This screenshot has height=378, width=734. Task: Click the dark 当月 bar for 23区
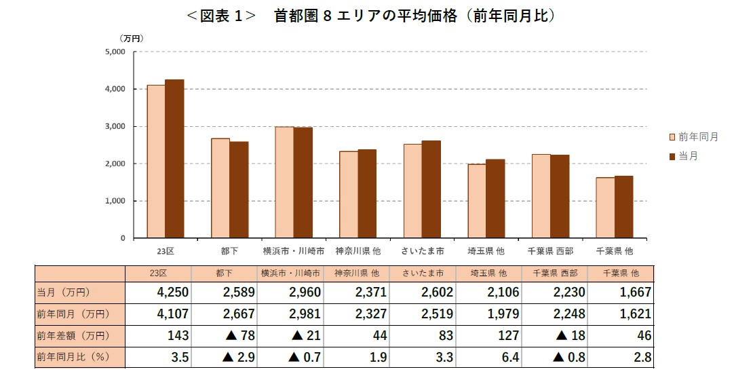(174, 159)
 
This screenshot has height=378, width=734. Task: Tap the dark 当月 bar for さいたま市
(431, 190)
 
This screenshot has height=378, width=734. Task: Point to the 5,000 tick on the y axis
(116, 52)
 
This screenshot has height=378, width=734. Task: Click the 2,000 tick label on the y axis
(116, 164)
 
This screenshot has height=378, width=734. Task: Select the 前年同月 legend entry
(693, 137)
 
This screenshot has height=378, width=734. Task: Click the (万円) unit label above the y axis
(132, 38)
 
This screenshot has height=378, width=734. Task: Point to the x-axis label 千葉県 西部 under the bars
(550, 251)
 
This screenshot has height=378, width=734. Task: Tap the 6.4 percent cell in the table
(509, 358)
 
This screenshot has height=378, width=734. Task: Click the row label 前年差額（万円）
(73, 336)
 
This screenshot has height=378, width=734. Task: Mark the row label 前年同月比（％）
(73, 358)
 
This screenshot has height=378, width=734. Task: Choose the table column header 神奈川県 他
(358, 273)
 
